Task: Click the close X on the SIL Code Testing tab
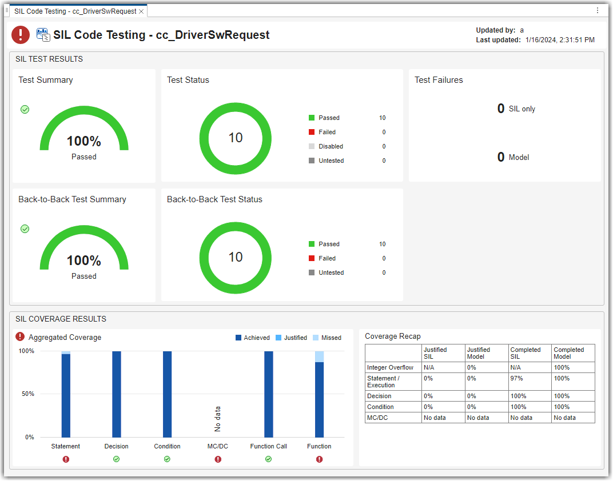click(141, 11)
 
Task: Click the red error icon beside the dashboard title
click(21, 35)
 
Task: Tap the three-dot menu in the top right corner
click(598, 10)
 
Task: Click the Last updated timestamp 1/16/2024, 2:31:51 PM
click(559, 40)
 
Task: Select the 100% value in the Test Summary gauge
click(84, 141)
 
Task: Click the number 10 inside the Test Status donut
click(236, 138)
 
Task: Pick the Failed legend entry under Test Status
click(327, 132)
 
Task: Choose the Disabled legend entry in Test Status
click(330, 146)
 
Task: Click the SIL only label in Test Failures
click(522, 109)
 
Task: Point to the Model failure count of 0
click(501, 157)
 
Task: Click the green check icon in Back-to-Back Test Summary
click(25, 229)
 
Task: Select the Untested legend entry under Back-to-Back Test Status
click(331, 272)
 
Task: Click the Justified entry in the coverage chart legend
click(295, 338)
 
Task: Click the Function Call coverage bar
click(269, 394)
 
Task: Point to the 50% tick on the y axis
click(27, 394)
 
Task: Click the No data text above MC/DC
click(217, 419)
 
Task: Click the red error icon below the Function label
click(319, 459)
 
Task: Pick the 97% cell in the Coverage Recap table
click(516, 378)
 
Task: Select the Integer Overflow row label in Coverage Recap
click(390, 367)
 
